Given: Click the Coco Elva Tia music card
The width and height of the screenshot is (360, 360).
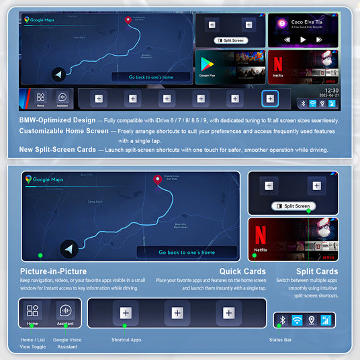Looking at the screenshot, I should [x=303, y=30].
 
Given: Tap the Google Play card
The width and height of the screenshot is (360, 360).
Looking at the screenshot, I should [x=228, y=66].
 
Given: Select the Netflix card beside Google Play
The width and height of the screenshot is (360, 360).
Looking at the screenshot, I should [x=303, y=66].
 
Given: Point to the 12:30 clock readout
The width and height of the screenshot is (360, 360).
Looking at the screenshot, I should [x=331, y=90].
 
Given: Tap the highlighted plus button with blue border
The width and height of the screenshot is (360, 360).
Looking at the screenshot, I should [x=269, y=99].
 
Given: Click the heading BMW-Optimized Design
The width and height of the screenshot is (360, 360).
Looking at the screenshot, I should [x=58, y=120].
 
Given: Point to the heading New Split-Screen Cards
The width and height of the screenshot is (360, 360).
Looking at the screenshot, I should [x=61, y=150].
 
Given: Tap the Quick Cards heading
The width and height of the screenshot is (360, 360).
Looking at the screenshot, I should [x=238, y=271].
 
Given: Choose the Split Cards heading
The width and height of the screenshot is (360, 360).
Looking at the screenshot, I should [x=316, y=271].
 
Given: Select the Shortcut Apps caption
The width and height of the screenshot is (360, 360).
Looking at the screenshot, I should [x=126, y=340].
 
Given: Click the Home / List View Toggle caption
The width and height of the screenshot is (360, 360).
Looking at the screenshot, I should [x=33, y=343].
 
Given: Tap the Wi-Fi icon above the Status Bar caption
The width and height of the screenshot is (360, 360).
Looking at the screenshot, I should [x=297, y=320].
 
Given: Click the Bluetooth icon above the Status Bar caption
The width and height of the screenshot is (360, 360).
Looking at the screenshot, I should [x=283, y=320].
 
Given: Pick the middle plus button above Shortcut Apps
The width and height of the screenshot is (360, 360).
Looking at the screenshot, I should [x=177, y=312].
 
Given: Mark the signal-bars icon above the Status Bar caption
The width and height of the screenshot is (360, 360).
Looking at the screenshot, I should [x=326, y=320].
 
